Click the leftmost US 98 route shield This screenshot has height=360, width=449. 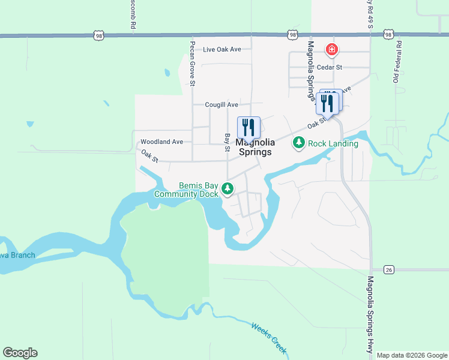[x=98, y=35]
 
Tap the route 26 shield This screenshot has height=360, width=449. [x=389, y=269]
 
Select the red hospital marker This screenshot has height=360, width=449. [x=330, y=49]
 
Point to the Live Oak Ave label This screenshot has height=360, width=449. [x=221, y=49]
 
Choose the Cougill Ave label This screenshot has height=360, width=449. [x=221, y=104]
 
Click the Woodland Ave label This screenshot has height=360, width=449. [x=161, y=142]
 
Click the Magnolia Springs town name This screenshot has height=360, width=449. [x=255, y=147]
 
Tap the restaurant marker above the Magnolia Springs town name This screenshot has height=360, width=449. [x=249, y=127]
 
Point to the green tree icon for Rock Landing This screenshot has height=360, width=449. [x=298, y=143]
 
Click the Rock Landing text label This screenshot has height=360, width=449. [x=333, y=143]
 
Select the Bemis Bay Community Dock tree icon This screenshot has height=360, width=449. [x=227, y=189]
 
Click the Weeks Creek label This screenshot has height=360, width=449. [x=268, y=338]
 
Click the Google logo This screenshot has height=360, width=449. [x=20, y=353]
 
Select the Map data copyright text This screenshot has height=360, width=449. [x=412, y=355]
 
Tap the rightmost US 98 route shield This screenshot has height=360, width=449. [x=388, y=35]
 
